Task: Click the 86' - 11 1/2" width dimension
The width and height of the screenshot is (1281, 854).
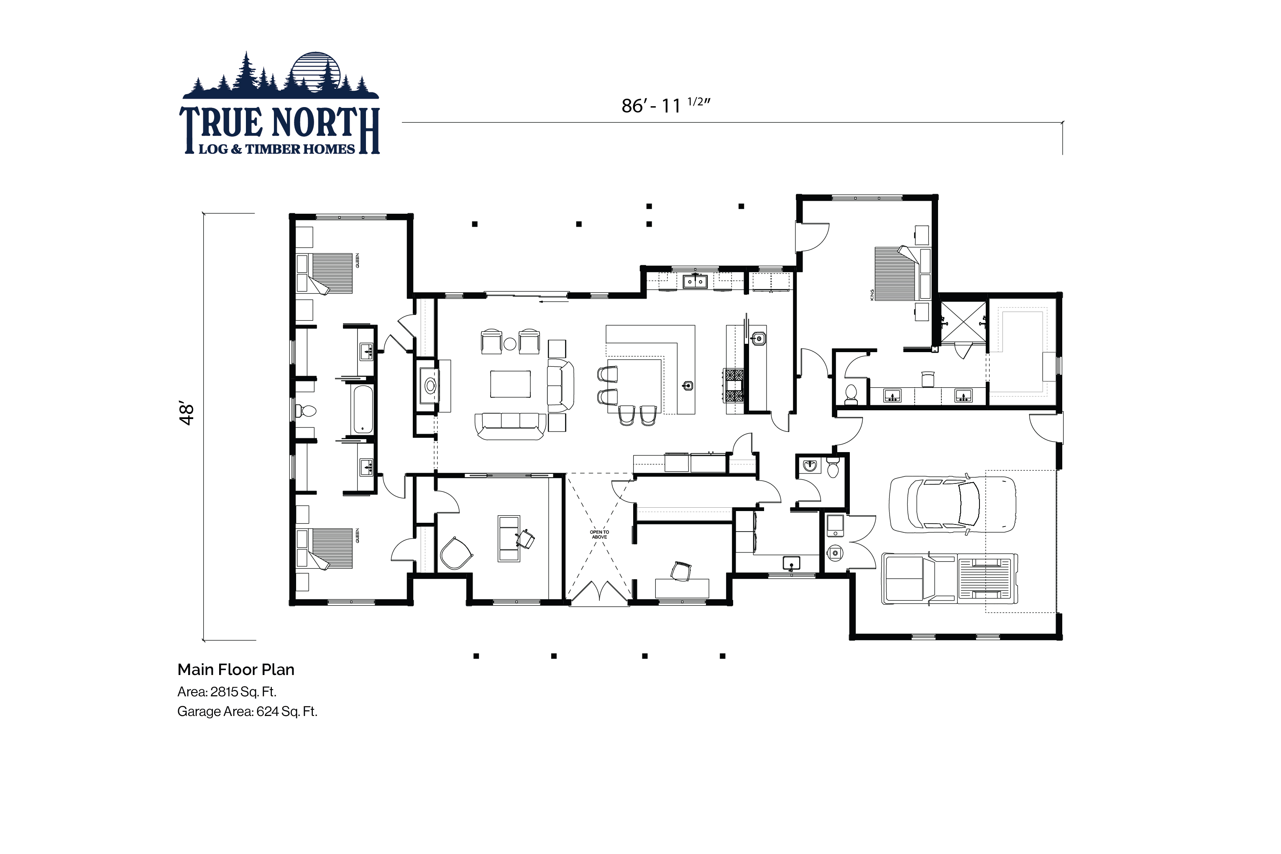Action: [x=665, y=105]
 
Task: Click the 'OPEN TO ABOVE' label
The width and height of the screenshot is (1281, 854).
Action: [x=599, y=534]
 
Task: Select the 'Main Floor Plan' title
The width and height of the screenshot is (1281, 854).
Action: [x=236, y=670]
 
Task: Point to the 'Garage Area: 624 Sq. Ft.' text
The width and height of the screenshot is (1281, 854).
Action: [x=247, y=711]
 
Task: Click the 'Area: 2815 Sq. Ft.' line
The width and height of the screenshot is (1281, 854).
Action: [x=227, y=692]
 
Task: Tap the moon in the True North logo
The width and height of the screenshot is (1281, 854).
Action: [x=316, y=71]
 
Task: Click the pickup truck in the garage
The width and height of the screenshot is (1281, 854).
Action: [x=949, y=579]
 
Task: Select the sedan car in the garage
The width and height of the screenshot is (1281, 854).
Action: [x=952, y=504]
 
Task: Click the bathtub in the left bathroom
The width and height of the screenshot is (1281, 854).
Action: [x=363, y=409]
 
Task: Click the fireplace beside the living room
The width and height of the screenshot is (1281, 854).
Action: [x=430, y=386]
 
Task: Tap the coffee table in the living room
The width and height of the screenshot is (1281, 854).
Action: [x=510, y=384]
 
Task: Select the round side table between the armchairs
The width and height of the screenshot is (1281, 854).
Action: [x=510, y=344]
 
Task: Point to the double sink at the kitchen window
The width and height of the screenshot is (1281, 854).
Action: [x=695, y=281]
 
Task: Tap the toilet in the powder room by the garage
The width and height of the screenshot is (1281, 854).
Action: [x=833, y=468]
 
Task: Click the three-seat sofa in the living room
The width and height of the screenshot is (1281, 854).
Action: [x=510, y=426]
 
